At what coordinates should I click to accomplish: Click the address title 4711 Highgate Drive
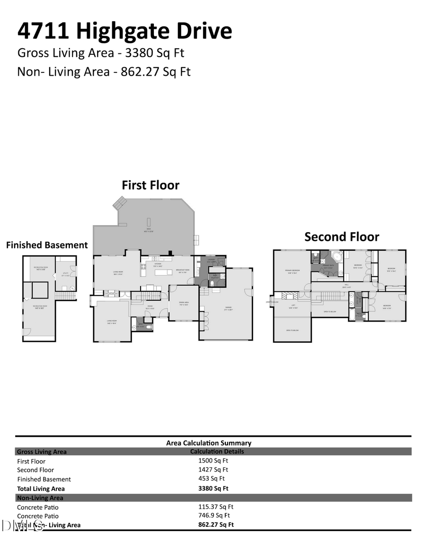(x=125, y=31)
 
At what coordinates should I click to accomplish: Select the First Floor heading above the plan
(x=151, y=185)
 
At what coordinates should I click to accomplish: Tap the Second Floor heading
(x=341, y=236)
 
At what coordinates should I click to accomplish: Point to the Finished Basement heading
(x=47, y=245)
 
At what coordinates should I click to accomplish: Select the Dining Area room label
(x=184, y=303)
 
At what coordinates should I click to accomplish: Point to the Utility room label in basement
(x=65, y=274)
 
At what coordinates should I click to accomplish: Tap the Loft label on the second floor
(x=293, y=306)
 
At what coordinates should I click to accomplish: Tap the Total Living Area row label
(x=41, y=489)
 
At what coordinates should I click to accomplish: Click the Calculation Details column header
(x=217, y=451)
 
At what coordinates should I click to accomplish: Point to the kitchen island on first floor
(x=162, y=272)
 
